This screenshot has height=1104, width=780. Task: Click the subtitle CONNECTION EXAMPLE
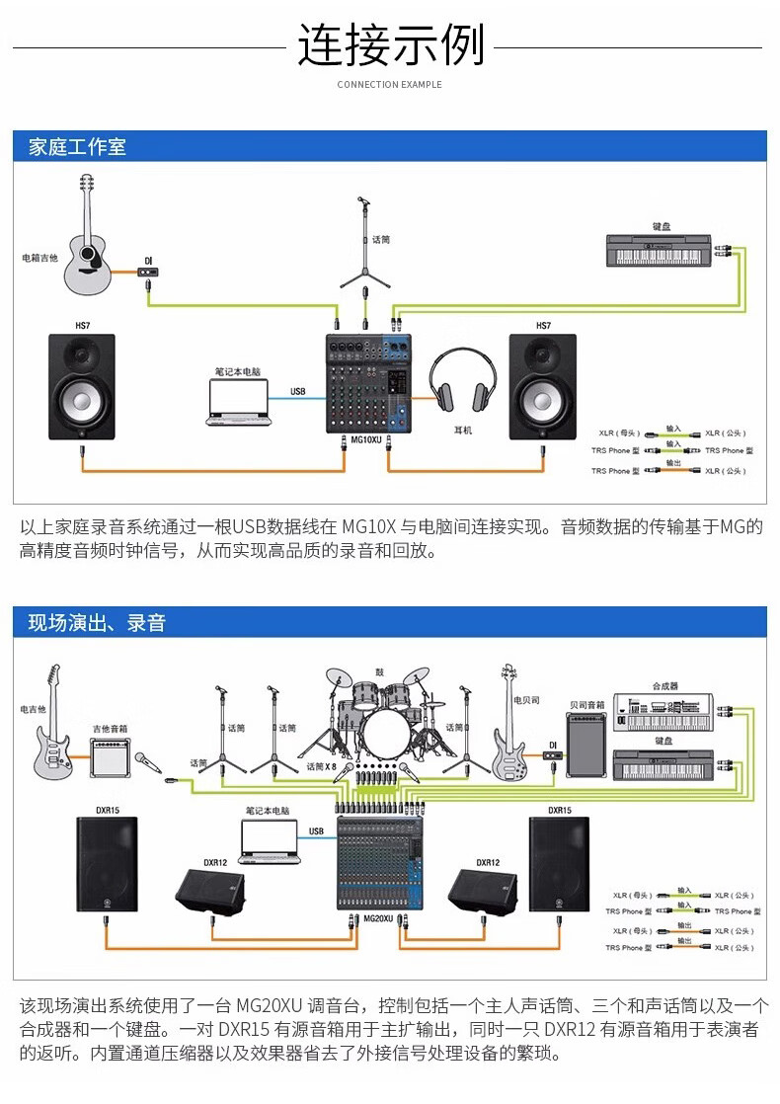click(x=389, y=85)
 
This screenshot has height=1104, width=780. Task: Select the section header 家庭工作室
click(x=78, y=148)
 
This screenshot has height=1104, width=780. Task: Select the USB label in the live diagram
click(x=316, y=831)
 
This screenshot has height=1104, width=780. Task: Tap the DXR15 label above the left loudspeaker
click(x=108, y=810)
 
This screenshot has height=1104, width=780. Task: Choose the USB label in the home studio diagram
click(x=298, y=391)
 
